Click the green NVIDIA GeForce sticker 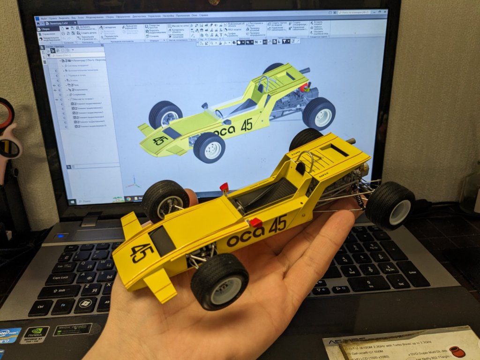(34, 334)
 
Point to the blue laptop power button (61, 236)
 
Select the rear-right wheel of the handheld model (390, 205)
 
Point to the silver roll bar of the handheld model (304, 159)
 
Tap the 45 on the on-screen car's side (247, 125)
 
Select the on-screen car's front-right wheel (209, 147)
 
